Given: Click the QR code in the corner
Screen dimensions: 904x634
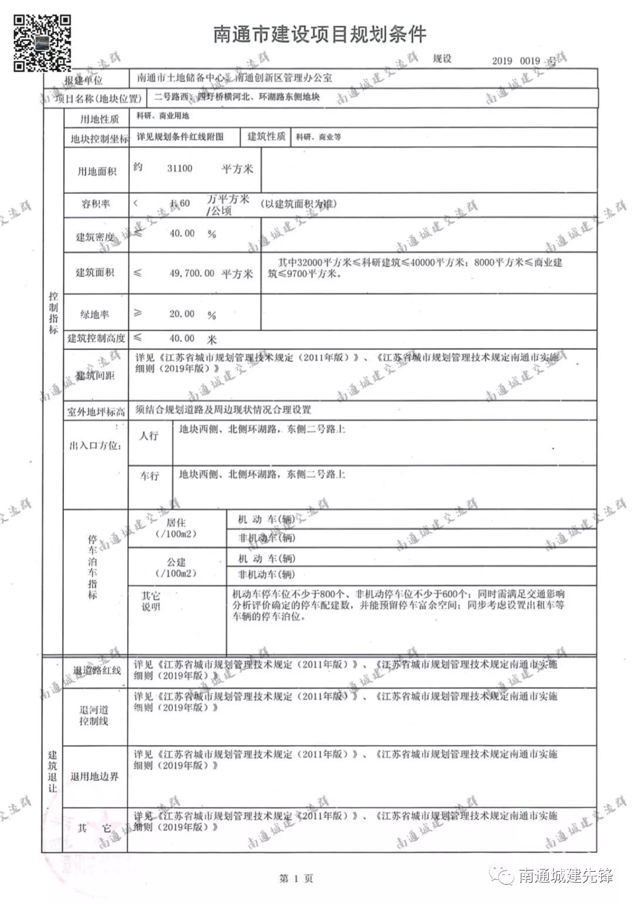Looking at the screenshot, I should pos(42,42).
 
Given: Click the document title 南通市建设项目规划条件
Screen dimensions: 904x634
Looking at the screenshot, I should pos(319,35).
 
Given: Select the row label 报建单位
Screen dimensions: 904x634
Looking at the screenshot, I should pos(83,80).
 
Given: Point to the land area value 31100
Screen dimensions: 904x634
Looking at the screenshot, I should pos(180,169).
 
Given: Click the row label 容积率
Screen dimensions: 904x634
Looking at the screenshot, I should pos(96,204).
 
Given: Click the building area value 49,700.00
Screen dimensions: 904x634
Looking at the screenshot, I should pos(192,273).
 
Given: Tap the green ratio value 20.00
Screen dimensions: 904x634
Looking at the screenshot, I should pos(182,314).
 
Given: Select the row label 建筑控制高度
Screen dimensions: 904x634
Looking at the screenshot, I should pos(96,338).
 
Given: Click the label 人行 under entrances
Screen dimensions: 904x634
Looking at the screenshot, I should pos(149,436).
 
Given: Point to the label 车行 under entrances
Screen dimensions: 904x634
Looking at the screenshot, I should pos(149,476).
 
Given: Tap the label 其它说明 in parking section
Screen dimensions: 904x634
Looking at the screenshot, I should pos(151,601).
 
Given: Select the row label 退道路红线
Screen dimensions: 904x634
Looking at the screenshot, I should pos(97,670).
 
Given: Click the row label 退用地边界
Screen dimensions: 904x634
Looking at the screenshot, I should pos(95,777).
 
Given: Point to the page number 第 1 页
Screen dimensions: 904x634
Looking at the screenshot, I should pos(296,878).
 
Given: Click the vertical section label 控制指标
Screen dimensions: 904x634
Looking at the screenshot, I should pos(53,312).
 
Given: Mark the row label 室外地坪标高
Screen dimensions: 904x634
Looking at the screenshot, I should pos(96,412).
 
